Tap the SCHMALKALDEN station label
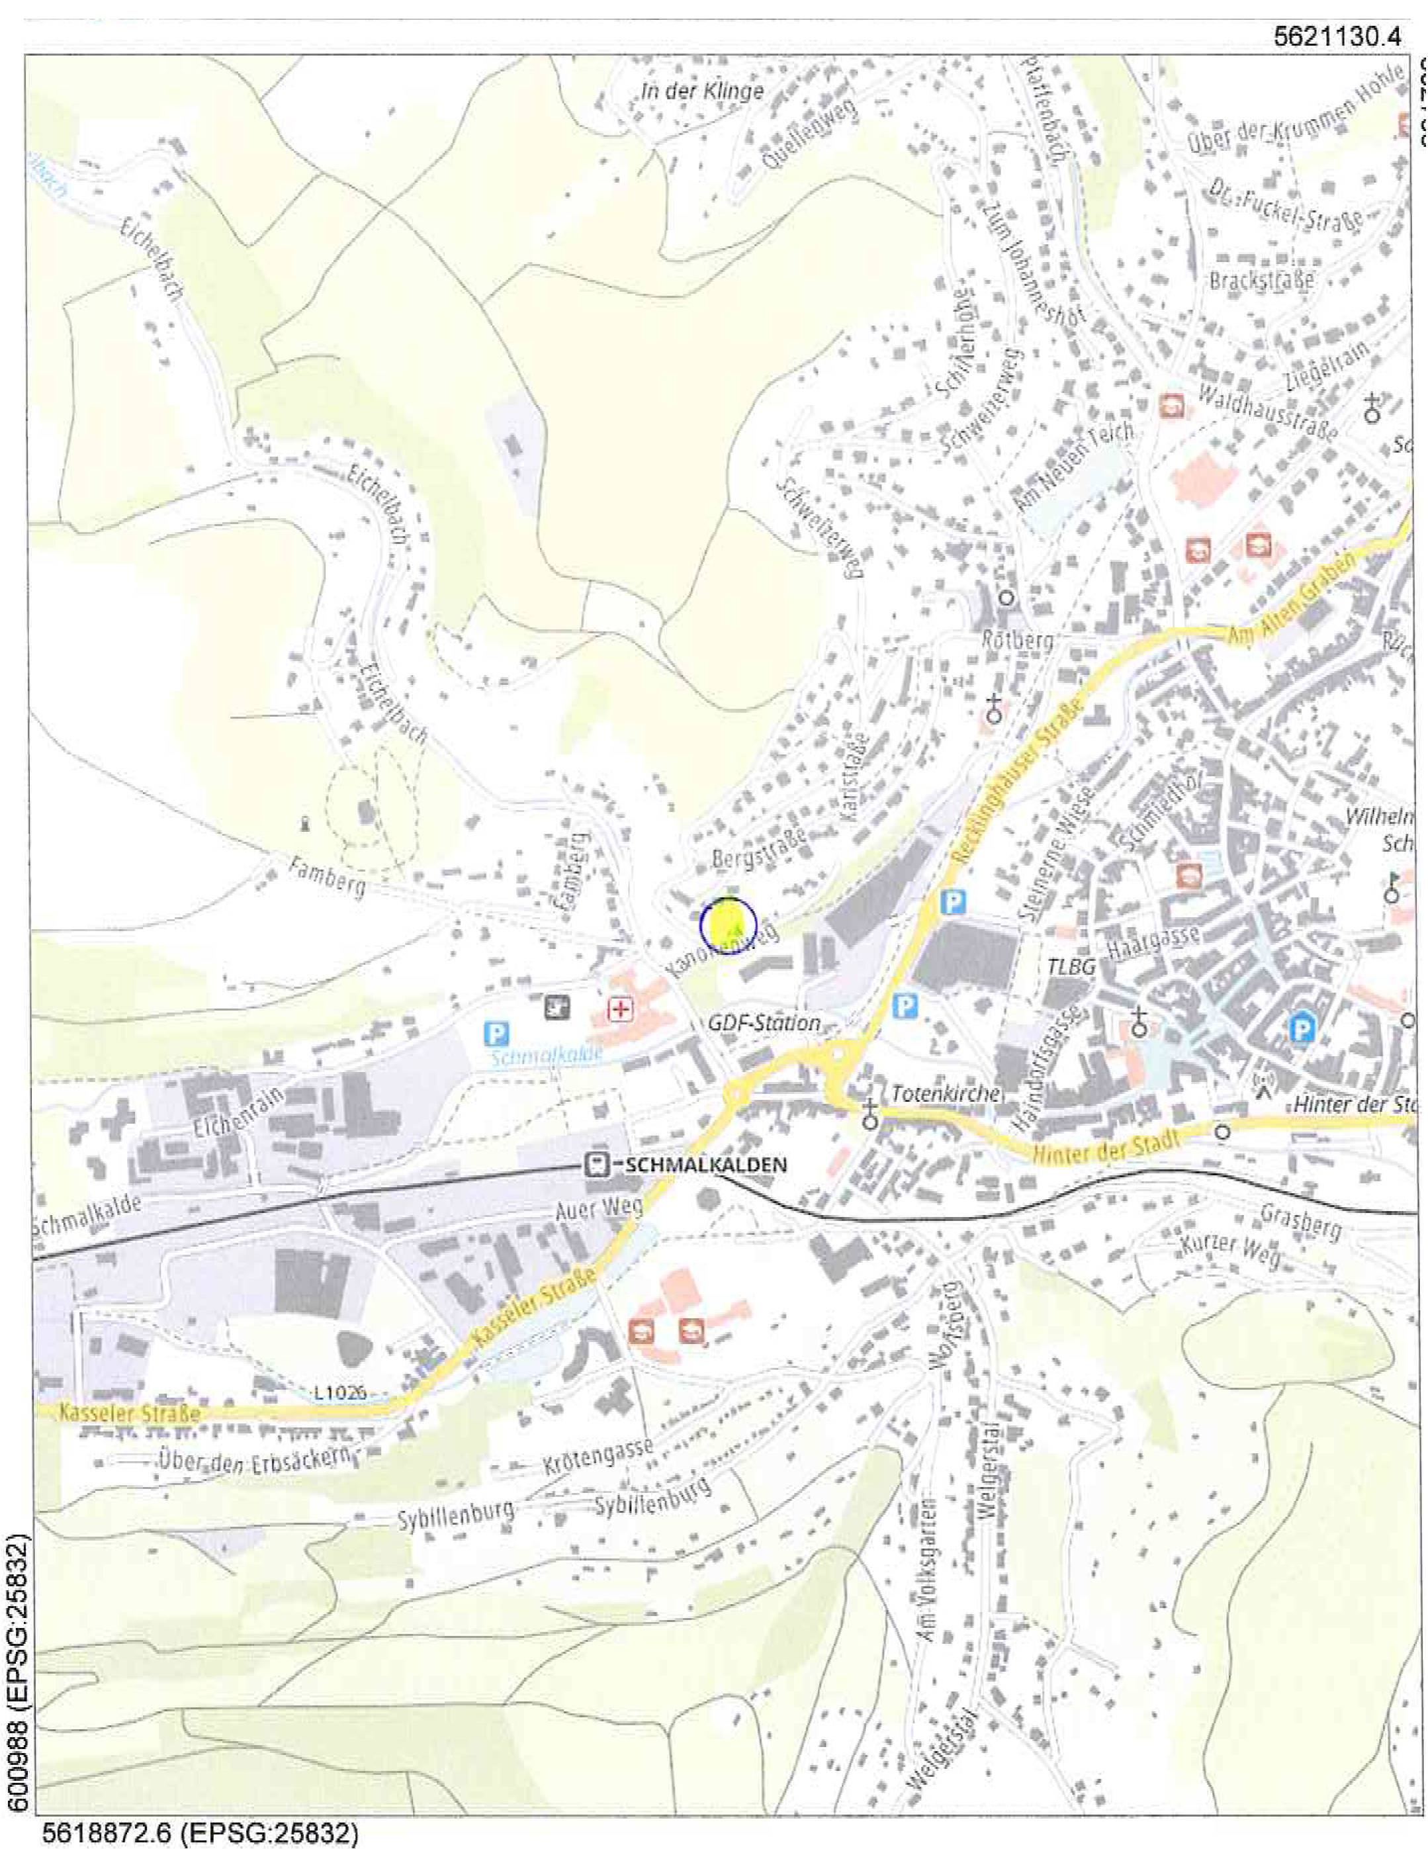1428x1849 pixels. (706, 1165)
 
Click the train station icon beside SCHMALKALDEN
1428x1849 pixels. (597, 1165)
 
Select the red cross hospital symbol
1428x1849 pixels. (622, 1009)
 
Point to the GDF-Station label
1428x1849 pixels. (764, 1024)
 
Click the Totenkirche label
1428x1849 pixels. (946, 1094)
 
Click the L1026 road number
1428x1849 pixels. (339, 1392)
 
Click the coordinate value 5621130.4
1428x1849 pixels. (1337, 36)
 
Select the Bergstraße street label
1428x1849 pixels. (758, 849)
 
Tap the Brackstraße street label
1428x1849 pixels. (1261, 279)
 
